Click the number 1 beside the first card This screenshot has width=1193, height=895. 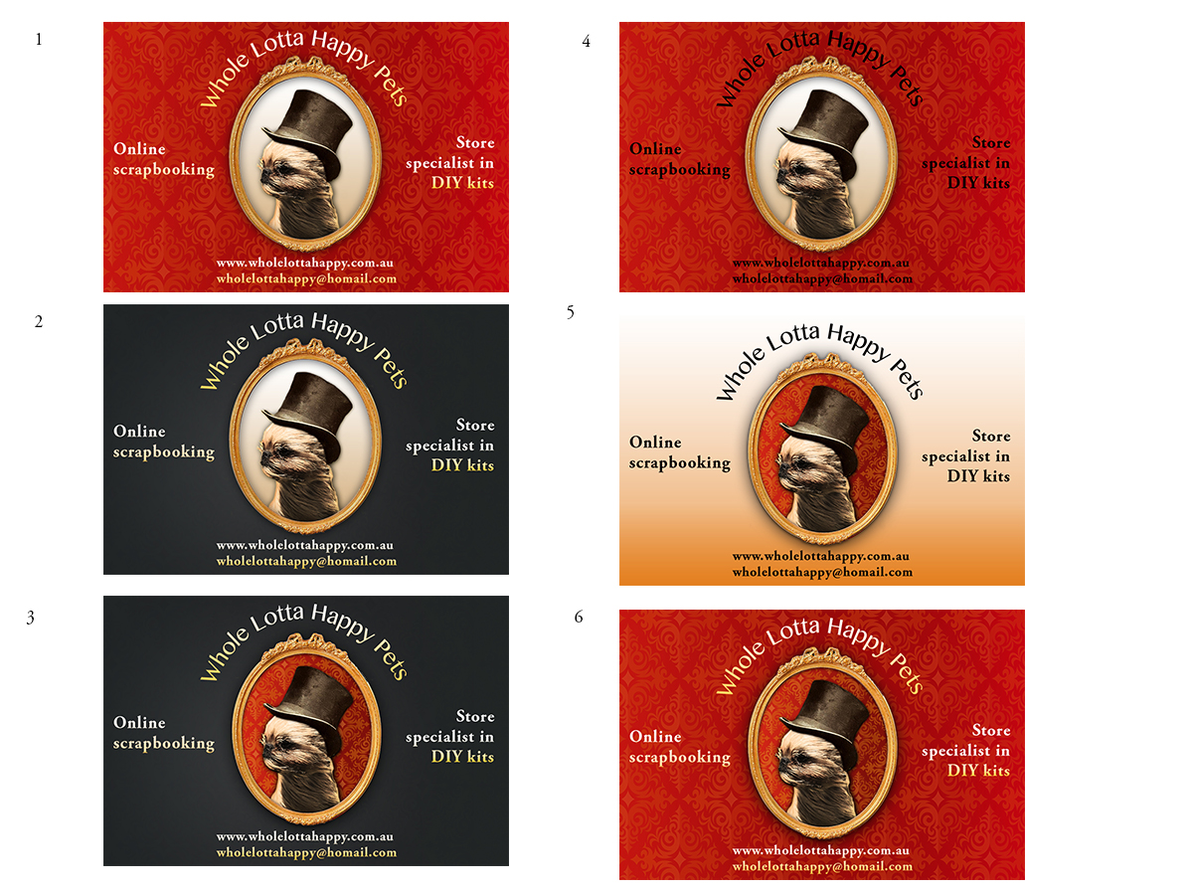pyautogui.click(x=39, y=39)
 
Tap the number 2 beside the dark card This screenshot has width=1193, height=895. pyautogui.click(x=39, y=321)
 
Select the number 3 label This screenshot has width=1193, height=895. pyautogui.click(x=31, y=618)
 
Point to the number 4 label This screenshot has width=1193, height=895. pyautogui.click(x=586, y=41)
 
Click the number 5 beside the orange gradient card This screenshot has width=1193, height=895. pyautogui.click(x=570, y=312)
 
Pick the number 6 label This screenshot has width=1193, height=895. pyautogui.click(x=579, y=617)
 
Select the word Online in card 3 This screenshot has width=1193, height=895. pyautogui.click(x=139, y=722)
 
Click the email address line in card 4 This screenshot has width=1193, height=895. pyautogui.click(x=822, y=278)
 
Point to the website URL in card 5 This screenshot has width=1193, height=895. pyautogui.click(x=821, y=556)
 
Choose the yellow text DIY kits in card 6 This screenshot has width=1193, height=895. pyautogui.click(x=978, y=770)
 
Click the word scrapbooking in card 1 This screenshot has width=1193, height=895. pyautogui.click(x=164, y=169)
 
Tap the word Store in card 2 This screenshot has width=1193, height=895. pyautogui.click(x=475, y=425)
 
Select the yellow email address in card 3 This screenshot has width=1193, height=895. pyautogui.click(x=306, y=852)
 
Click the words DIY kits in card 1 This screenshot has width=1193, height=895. pyautogui.click(x=462, y=183)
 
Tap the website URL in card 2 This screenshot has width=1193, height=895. pyautogui.click(x=305, y=545)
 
